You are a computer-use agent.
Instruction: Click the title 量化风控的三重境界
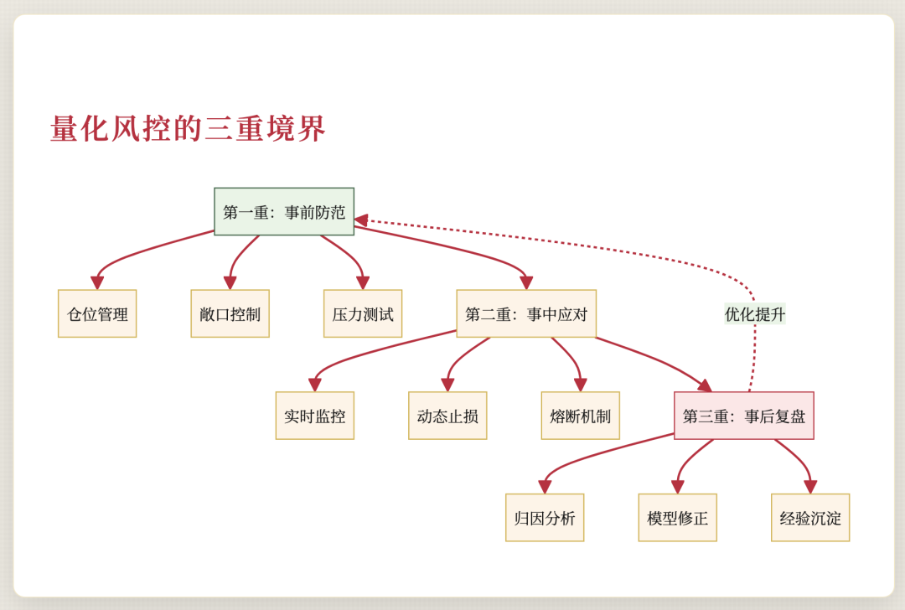pyautogui.click(x=188, y=129)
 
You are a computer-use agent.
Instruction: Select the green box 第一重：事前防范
pyautogui.click(x=284, y=211)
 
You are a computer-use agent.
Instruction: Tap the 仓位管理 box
pyautogui.click(x=97, y=313)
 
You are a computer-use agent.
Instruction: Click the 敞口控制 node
pyautogui.click(x=230, y=313)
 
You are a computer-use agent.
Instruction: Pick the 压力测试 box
pyautogui.click(x=363, y=313)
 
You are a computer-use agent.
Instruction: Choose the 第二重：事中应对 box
pyautogui.click(x=526, y=313)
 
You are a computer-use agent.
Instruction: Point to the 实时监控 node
pyautogui.click(x=315, y=416)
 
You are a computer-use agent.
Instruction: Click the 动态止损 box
pyautogui.click(x=447, y=416)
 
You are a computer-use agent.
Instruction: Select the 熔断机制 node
pyautogui.click(x=581, y=416)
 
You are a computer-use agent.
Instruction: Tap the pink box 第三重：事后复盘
pyautogui.click(x=744, y=416)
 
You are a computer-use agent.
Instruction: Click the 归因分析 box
pyautogui.click(x=545, y=517)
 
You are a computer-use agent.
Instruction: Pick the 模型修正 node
pyautogui.click(x=677, y=517)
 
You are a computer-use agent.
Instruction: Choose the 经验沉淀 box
pyautogui.click(x=810, y=517)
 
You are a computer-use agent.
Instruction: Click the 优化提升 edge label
pyautogui.click(x=755, y=313)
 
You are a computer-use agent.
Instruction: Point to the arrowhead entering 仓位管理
pyautogui.click(x=97, y=283)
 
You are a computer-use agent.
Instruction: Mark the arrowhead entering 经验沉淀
pyautogui.click(x=810, y=487)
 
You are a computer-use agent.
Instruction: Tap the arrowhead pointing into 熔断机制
pyautogui.click(x=581, y=385)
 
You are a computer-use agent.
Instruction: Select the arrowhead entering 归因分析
pyautogui.click(x=546, y=487)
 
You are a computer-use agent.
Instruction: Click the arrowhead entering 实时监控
pyautogui.click(x=315, y=385)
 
